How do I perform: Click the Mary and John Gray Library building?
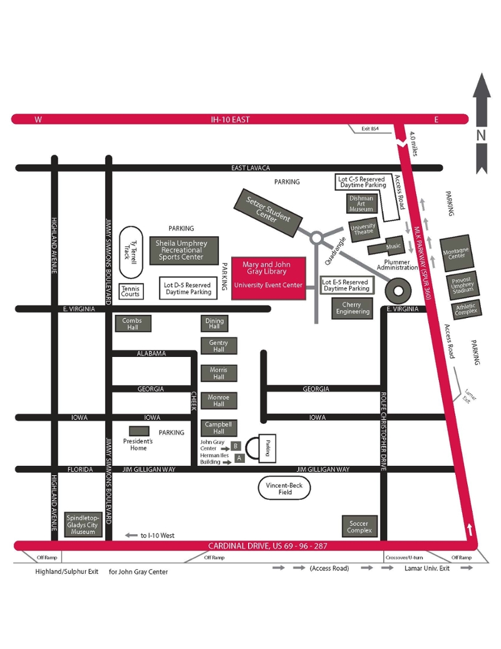click(269, 277)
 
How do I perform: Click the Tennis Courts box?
click(131, 291)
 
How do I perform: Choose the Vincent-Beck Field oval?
click(285, 489)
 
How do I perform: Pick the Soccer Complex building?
click(359, 527)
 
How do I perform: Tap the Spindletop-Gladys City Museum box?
click(83, 524)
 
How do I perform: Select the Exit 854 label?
click(370, 129)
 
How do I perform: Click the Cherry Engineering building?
click(352, 308)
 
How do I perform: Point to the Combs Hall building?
click(132, 324)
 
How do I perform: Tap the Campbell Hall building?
click(219, 428)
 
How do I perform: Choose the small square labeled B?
click(235, 446)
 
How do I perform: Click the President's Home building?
click(139, 431)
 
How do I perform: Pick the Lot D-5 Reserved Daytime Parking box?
click(187, 288)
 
